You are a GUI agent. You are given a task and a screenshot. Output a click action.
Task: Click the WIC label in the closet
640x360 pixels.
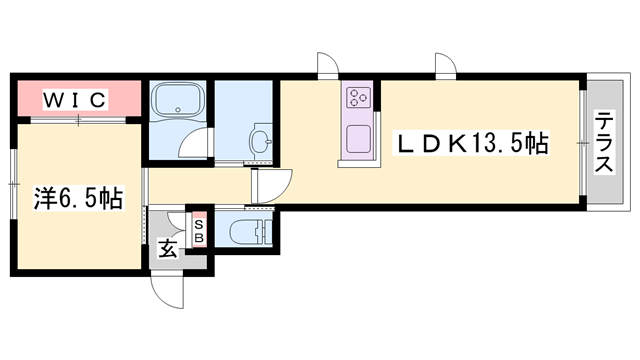[74, 100]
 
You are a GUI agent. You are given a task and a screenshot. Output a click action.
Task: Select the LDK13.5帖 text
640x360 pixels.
[473, 144]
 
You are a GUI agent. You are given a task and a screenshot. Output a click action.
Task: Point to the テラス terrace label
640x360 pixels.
[605, 144]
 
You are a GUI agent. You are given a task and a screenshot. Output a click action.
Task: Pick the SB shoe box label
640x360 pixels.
[198, 231]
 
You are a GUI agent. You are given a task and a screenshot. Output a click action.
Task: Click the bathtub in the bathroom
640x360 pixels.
[177, 101]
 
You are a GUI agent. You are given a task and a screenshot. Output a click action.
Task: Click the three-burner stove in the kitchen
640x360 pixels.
[359, 98]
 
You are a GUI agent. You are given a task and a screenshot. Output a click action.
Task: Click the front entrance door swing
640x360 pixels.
[169, 291]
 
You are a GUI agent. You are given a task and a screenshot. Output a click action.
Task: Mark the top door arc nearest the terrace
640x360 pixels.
[444, 63]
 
